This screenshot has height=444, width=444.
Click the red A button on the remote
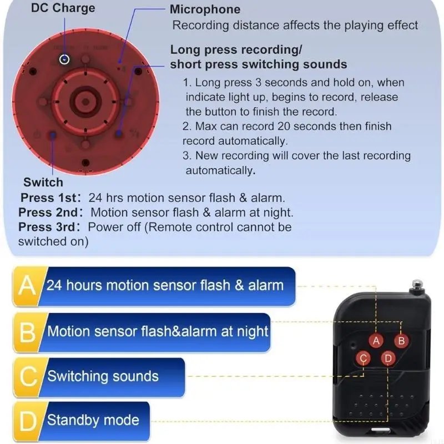376,341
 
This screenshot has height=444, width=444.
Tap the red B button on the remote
401,341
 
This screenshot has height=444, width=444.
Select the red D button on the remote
389,358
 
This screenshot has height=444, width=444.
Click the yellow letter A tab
27,286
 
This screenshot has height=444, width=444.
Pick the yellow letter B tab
27,332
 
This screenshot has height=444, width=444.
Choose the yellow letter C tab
27,376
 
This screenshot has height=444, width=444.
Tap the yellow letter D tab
27,420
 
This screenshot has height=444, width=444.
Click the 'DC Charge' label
63,8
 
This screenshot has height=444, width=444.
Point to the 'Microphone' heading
205,9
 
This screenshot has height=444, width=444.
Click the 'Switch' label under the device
43,183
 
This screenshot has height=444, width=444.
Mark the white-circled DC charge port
65,58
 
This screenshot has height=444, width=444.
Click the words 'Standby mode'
93,420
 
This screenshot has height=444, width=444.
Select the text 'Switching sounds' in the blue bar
103,376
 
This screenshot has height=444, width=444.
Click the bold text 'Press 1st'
47,198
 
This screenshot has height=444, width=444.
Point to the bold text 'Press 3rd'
46,227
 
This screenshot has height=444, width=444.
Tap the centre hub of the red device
84,100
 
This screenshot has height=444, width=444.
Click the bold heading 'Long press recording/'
236,50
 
